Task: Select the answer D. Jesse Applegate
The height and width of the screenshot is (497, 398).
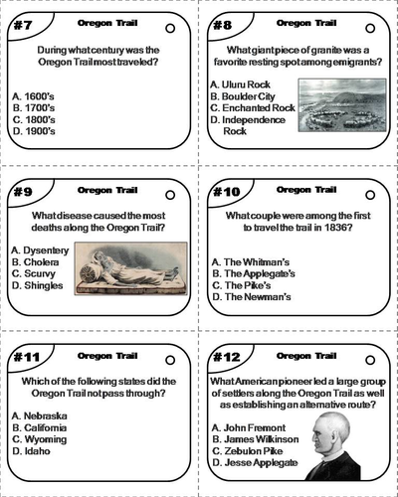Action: pyautogui.click(x=254, y=462)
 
